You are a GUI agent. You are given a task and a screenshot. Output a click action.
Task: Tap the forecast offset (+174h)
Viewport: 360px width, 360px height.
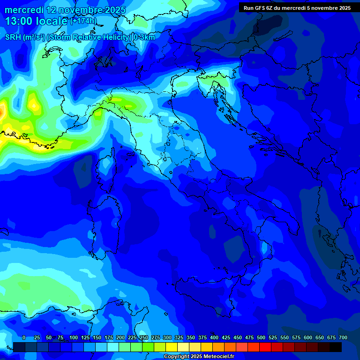(83, 21)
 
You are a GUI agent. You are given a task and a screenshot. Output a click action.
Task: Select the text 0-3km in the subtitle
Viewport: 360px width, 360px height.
(144, 37)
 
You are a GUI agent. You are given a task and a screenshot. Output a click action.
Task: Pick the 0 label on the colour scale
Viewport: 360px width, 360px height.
(24, 337)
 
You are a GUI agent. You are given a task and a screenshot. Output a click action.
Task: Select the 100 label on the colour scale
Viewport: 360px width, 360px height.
(74, 337)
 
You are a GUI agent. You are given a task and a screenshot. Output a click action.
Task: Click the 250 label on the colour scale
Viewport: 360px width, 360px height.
(144, 337)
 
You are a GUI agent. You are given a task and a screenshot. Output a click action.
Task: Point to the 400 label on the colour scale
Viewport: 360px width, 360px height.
(214, 337)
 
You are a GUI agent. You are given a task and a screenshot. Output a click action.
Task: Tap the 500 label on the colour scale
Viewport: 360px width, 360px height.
(261, 337)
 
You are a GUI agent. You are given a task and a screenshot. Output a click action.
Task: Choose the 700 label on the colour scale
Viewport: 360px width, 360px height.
(343, 337)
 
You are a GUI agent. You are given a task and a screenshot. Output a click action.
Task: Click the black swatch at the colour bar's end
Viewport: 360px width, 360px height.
(336, 347)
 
